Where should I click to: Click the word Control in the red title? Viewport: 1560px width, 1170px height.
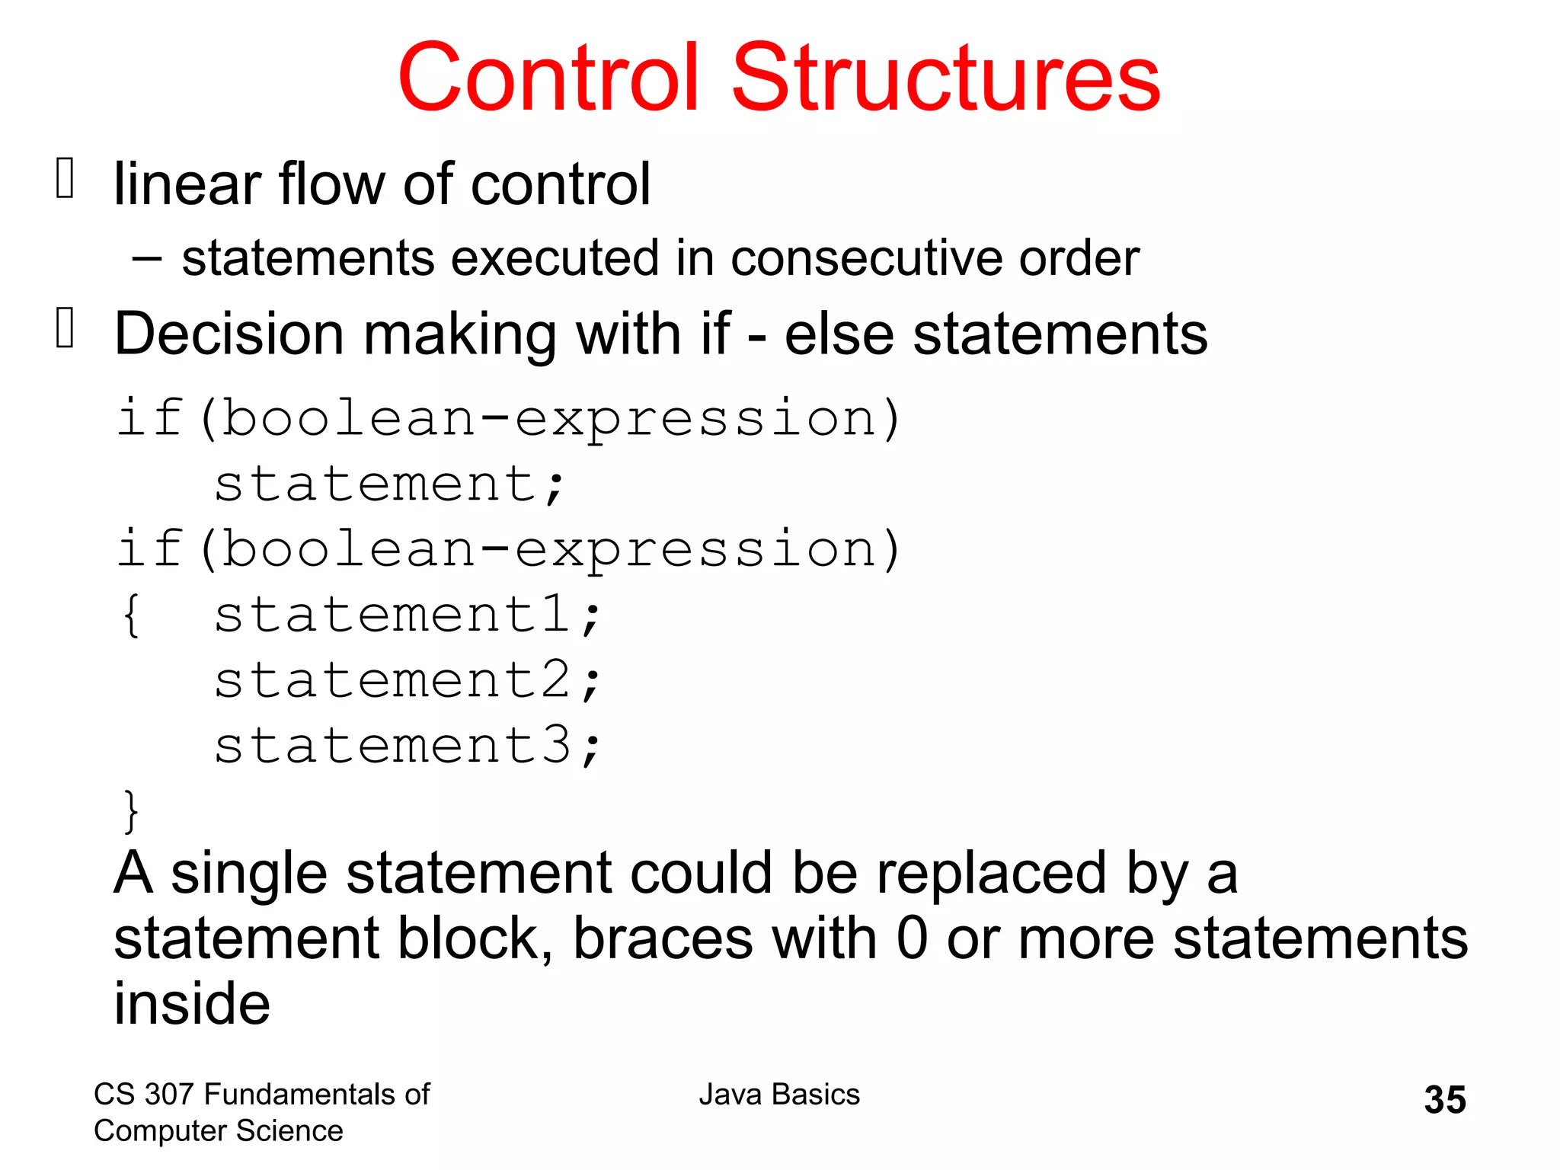(x=548, y=78)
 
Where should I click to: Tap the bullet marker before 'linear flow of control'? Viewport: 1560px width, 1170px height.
(x=66, y=178)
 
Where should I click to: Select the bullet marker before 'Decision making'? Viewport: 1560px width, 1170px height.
(x=66, y=328)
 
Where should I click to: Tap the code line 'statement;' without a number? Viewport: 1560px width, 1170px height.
(x=389, y=484)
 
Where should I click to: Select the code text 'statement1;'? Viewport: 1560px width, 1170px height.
(x=408, y=615)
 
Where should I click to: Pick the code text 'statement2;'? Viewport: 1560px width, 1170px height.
(x=408, y=680)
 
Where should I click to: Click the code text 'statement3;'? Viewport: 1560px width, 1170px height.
(x=408, y=746)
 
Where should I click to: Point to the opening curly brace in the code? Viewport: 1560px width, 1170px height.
(x=131, y=615)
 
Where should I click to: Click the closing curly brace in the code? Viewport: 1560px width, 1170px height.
(x=131, y=811)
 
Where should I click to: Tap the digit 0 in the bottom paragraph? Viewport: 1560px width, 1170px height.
(x=912, y=938)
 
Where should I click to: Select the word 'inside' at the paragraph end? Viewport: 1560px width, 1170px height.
(x=192, y=1004)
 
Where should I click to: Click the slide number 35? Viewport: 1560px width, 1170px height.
(x=1445, y=1100)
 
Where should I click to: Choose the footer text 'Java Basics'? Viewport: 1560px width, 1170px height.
(x=779, y=1095)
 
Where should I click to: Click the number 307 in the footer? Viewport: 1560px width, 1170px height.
(x=169, y=1095)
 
